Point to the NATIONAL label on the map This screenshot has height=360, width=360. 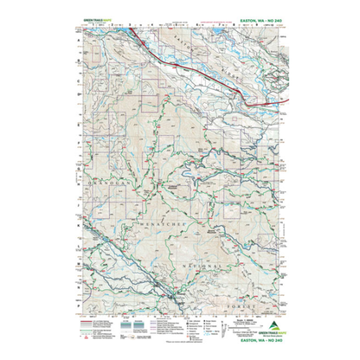(x=205, y=260)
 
